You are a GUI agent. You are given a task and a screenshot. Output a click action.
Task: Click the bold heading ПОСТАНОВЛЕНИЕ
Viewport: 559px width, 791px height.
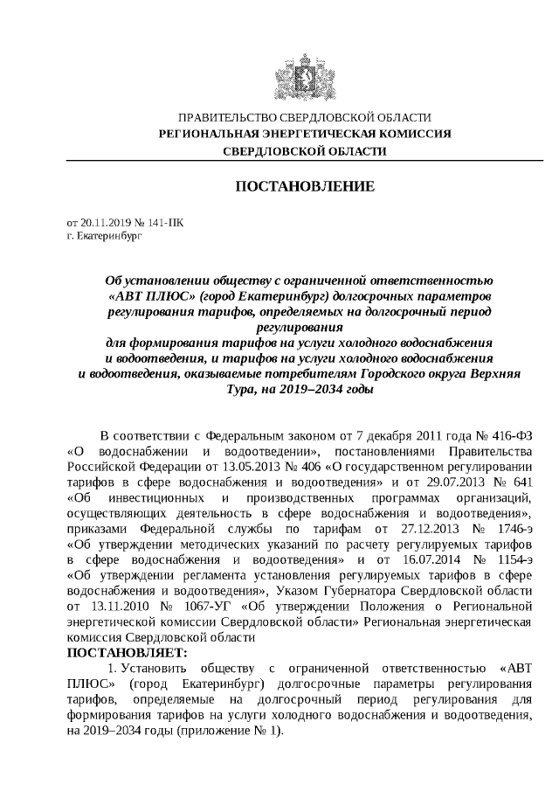pyautogui.click(x=305, y=187)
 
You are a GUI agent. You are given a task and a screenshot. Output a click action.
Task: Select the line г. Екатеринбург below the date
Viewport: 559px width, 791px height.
pyautogui.click(x=103, y=236)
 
